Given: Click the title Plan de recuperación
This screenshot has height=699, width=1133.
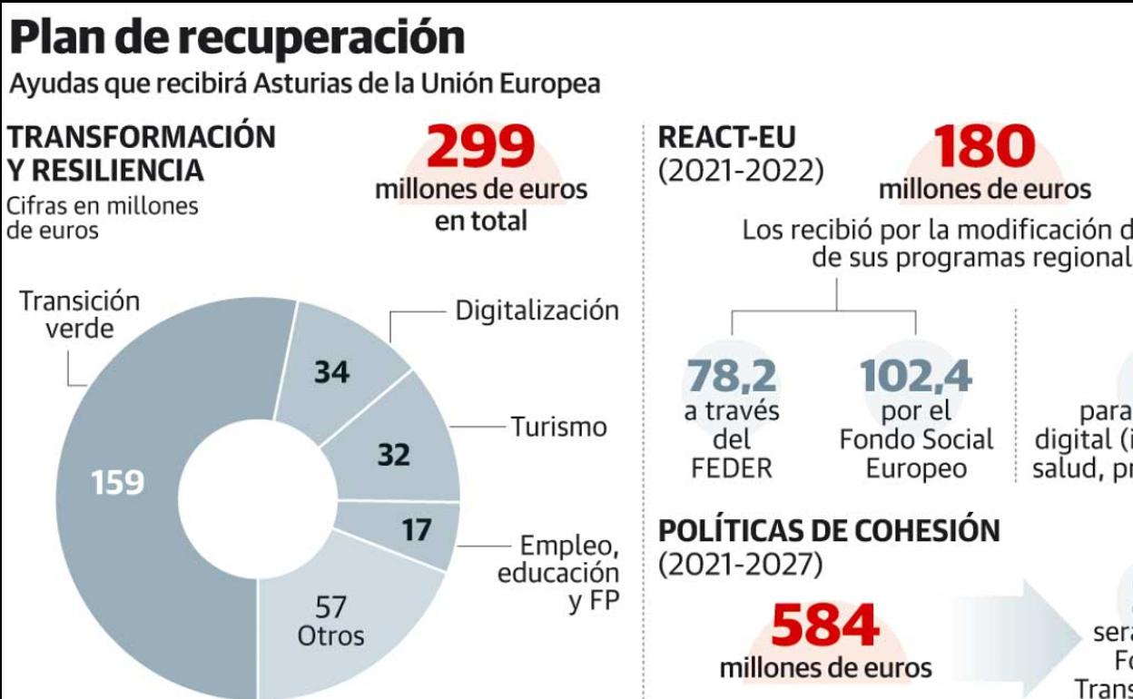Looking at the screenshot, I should point(237,38).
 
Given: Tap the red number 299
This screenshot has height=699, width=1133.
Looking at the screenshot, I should point(480,148).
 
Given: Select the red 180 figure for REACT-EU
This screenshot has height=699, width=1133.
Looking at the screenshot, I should point(984,148).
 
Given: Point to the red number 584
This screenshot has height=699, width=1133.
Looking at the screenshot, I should point(825,626).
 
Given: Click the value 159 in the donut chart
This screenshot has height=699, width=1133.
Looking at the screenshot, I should point(118,482).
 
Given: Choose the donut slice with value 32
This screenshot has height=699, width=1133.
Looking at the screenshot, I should point(394,454).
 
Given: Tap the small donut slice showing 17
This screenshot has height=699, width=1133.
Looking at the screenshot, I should point(416,529).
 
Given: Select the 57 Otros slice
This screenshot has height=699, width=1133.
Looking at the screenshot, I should point(331,617).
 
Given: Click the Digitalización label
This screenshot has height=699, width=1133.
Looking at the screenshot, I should point(537,310).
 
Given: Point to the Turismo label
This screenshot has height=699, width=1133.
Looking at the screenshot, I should point(558,427).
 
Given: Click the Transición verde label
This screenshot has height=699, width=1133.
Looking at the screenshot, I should point(80,314).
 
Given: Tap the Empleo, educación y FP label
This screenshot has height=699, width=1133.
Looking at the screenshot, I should point(559,573).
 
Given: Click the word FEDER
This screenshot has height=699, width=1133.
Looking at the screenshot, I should point(732,468).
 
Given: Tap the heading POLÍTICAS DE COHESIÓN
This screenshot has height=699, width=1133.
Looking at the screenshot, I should point(828,531).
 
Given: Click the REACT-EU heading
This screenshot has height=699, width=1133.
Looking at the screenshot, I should point(726,137).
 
